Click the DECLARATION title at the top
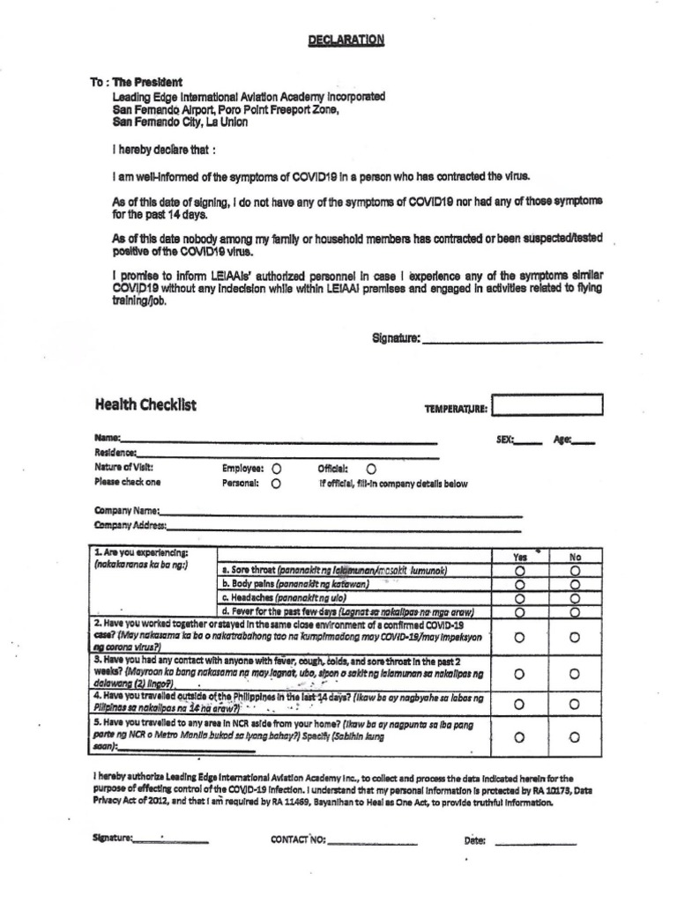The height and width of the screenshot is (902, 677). point(346,41)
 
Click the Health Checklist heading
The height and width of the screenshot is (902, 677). point(145,405)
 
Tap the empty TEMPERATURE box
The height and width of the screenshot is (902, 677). point(547,406)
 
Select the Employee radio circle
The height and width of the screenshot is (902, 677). point(277,469)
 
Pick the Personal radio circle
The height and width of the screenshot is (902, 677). point(277,484)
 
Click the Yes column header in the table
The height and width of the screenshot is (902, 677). point(519,557)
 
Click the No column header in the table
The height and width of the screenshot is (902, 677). point(576,557)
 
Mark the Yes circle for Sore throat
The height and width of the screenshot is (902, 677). point(519,571)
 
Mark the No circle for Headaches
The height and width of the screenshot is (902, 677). point(576,598)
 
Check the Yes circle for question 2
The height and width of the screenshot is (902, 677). point(519,637)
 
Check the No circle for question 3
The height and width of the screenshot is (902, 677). point(576,674)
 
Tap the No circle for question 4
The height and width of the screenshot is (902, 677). point(576,704)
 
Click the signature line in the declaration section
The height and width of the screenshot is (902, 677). point(512,340)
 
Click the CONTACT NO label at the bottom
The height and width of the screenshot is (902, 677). point(298,839)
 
